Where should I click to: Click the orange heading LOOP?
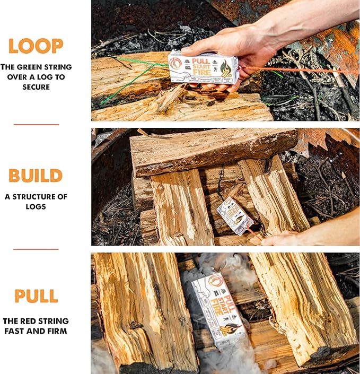pos(36,46)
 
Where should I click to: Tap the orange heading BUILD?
pos(36,176)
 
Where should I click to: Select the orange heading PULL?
pos(36,296)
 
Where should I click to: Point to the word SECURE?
pos(36,87)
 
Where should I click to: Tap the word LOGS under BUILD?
pos(36,206)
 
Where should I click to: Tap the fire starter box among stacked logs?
pos(234,215)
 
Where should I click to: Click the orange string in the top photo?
pos(297,71)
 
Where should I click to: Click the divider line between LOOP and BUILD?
pos(36,125)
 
